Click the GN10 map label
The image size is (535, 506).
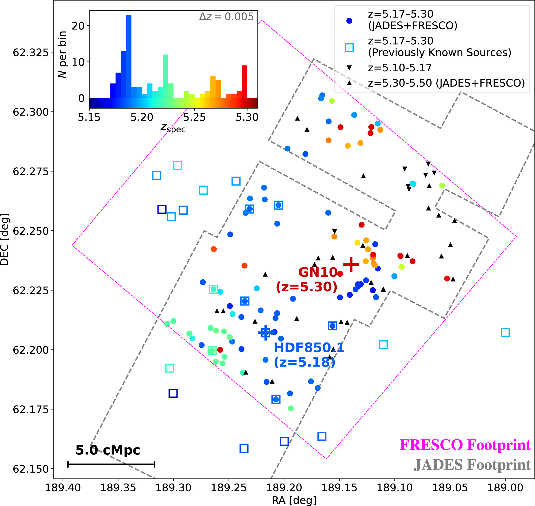tap(318, 272)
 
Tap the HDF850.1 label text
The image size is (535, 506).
tap(309, 348)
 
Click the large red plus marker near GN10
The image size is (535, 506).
tap(351, 265)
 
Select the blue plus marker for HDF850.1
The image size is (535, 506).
tap(265, 333)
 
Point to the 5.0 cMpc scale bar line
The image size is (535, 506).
tap(111, 465)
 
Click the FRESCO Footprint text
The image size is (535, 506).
tap(465, 445)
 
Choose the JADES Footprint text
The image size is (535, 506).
tap(472, 465)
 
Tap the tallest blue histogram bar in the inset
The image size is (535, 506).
tap(129, 56)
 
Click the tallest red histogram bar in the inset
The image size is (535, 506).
tap(244, 82)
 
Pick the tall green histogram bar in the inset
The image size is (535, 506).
tap(166, 76)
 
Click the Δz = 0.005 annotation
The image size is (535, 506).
tap(226, 17)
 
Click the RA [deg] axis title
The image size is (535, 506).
tap(294, 501)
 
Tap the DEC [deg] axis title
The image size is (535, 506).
tap(5, 240)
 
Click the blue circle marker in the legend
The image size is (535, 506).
tap(349, 21)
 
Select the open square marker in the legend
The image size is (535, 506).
tap(349, 48)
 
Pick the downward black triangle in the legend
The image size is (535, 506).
tap(349, 68)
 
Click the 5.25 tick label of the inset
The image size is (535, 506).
tap(194, 117)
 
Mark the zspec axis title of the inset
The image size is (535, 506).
tap(173, 128)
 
